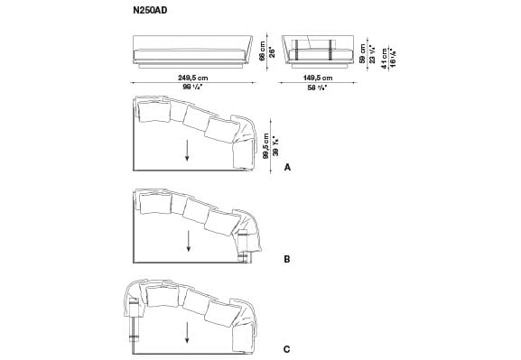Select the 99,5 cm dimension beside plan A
pyautogui.click(x=265, y=144)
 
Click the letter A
pyautogui.click(x=288, y=168)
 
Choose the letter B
pyautogui.click(x=287, y=259)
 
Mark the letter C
pyautogui.click(x=287, y=347)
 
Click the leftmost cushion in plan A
pyautogui.click(x=153, y=112)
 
